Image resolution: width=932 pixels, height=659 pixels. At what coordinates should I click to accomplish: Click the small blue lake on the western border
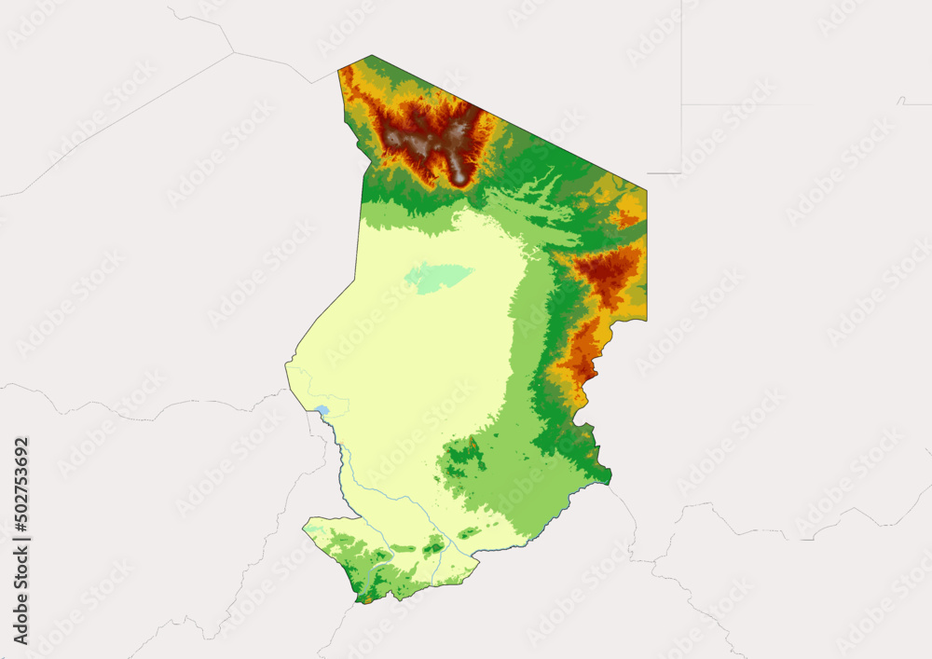point(322,409)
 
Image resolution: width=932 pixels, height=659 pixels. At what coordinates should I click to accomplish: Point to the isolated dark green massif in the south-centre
point(460,459)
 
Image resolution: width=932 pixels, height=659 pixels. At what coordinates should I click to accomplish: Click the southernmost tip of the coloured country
point(365,603)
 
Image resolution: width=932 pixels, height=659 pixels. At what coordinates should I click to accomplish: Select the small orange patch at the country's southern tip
point(367,599)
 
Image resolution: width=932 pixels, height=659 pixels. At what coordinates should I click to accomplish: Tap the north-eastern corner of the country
point(646,191)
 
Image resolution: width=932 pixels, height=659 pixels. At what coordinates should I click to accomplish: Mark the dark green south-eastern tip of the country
point(608,477)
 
